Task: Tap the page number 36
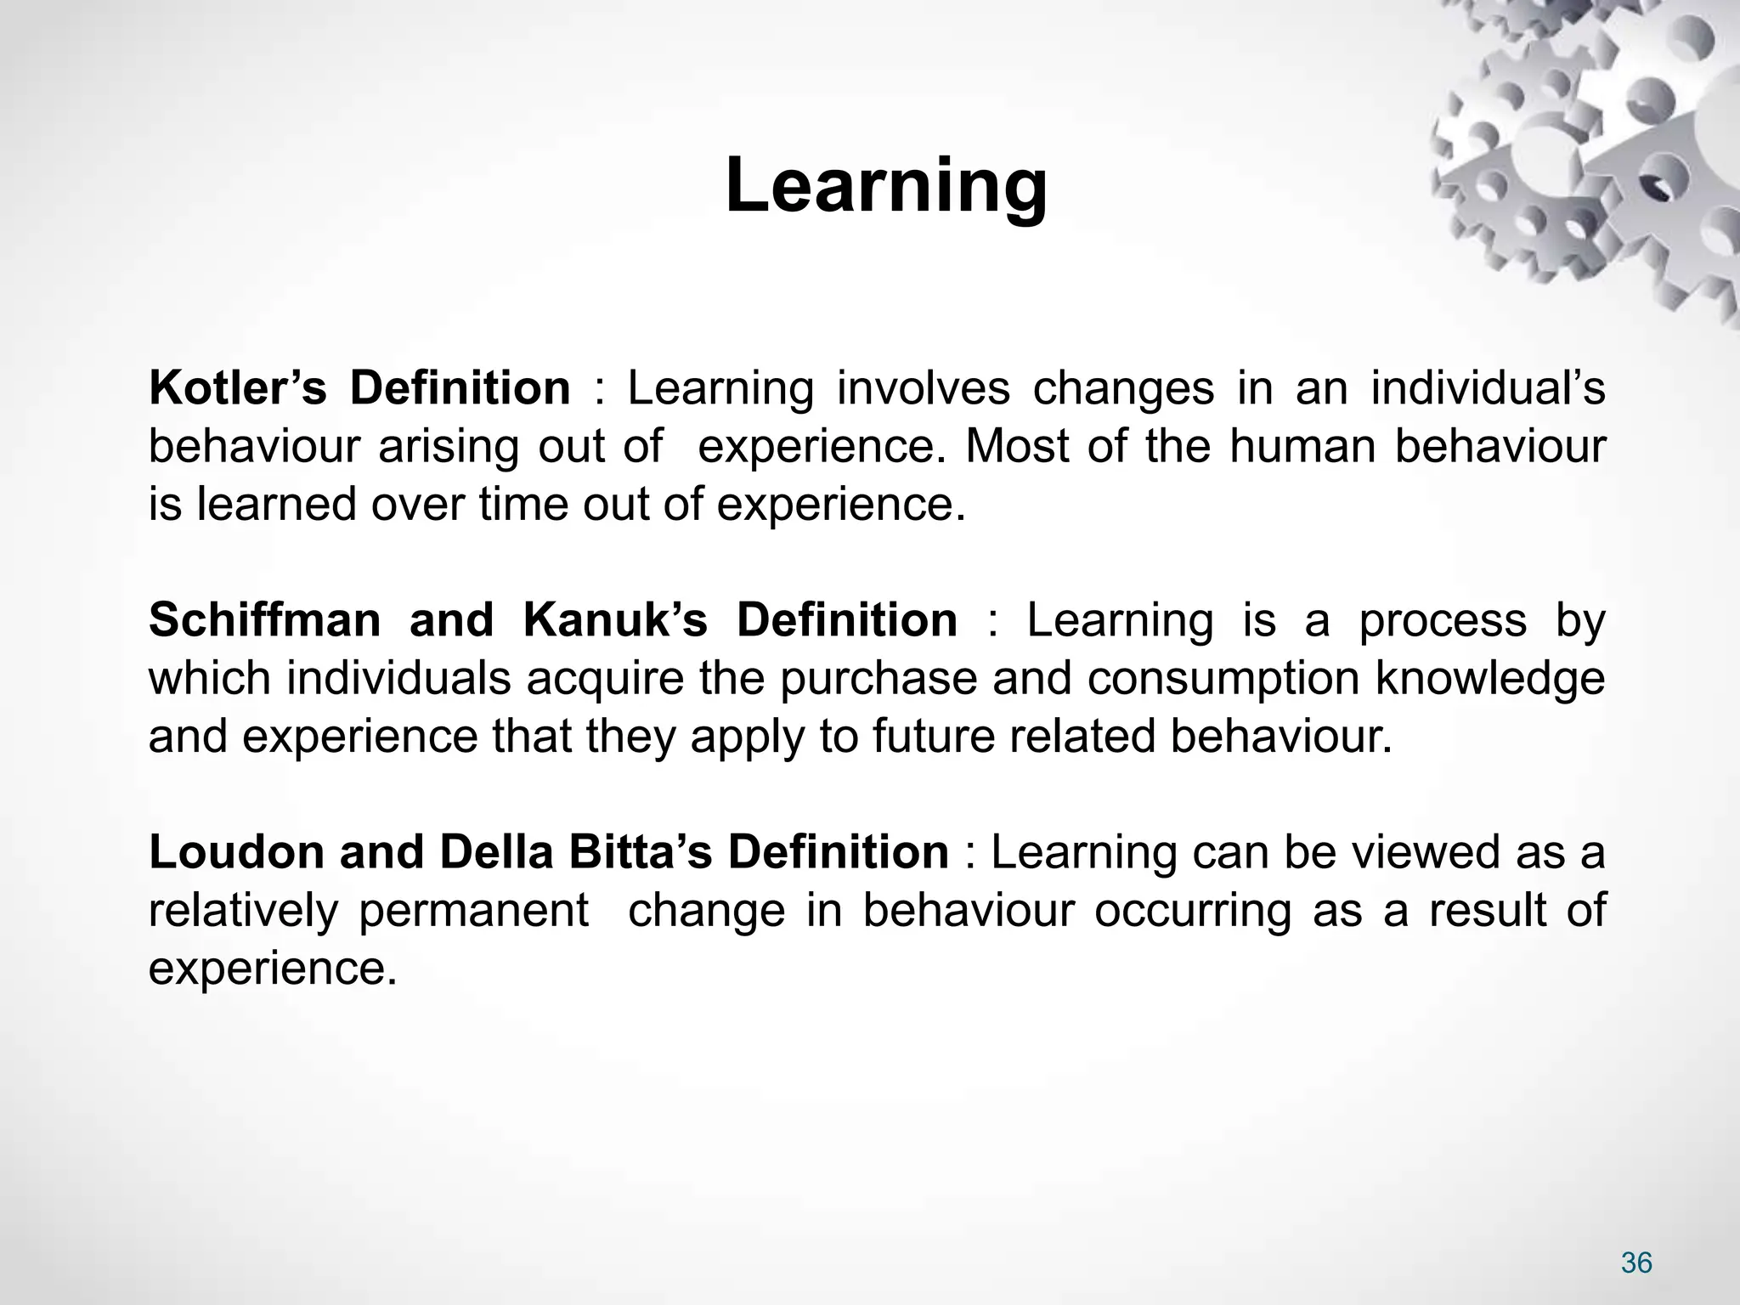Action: point(1636,1263)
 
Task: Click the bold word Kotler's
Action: point(237,388)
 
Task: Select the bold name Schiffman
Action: point(264,620)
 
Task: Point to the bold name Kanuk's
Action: point(614,620)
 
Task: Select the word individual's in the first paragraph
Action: point(1488,388)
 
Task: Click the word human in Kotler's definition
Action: point(1302,447)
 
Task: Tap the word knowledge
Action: point(1489,680)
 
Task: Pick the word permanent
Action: point(473,911)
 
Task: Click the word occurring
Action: point(1192,911)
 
